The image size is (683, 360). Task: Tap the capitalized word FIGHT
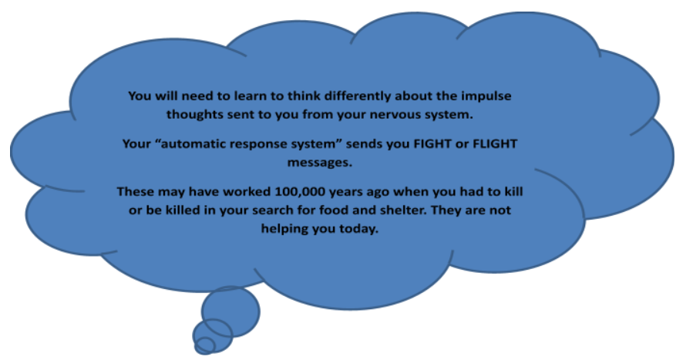[x=432, y=144]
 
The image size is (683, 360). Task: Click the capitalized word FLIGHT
[x=495, y=144]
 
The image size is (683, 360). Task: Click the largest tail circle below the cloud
[x=230, y=311]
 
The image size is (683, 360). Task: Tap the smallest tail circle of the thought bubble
[x=205, y=345]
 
